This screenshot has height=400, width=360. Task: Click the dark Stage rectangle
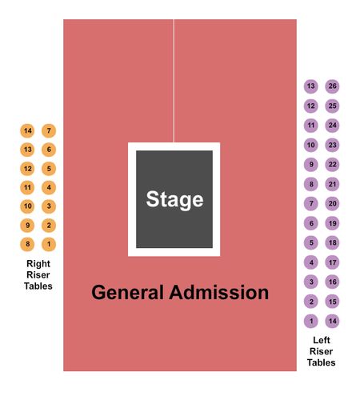point(174,199)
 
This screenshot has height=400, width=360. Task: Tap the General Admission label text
point(180,293)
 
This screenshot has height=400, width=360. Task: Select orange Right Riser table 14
point(27,130)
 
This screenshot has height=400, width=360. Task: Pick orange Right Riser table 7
point(49,130)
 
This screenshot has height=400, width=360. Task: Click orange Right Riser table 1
point(49,244)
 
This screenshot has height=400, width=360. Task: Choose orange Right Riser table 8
point(27,244)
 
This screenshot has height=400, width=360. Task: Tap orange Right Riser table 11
point(27,187)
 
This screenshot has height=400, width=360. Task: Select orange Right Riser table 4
point(49,187)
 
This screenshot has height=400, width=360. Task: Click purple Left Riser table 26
point(332,86)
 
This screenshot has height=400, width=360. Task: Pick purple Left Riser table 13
point(311,86)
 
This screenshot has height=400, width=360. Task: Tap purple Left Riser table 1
point(311,321)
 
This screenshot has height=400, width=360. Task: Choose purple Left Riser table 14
point(332,321)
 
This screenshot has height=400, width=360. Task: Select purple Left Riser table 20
point(332,204)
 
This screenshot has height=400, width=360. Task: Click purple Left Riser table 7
point(311,204)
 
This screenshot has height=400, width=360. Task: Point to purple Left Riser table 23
point(332,145)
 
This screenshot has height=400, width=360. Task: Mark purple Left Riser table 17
point(332,262)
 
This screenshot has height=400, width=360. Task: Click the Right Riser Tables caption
point(38,275)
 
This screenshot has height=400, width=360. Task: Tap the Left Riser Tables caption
point(322,351)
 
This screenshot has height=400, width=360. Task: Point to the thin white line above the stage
point(174,81)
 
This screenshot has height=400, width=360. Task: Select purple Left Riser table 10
point(311,145)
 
